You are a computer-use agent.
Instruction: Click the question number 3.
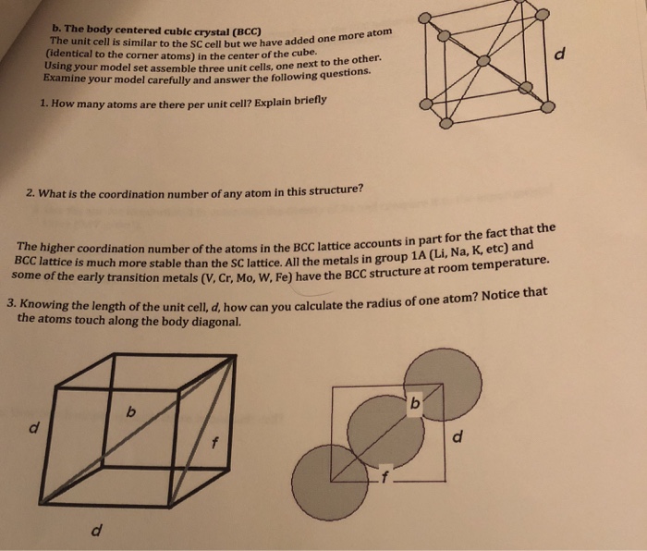tap(9, 302)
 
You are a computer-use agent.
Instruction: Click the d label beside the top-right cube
tap(581, 55)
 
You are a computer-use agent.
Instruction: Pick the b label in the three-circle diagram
tap(414, 404)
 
